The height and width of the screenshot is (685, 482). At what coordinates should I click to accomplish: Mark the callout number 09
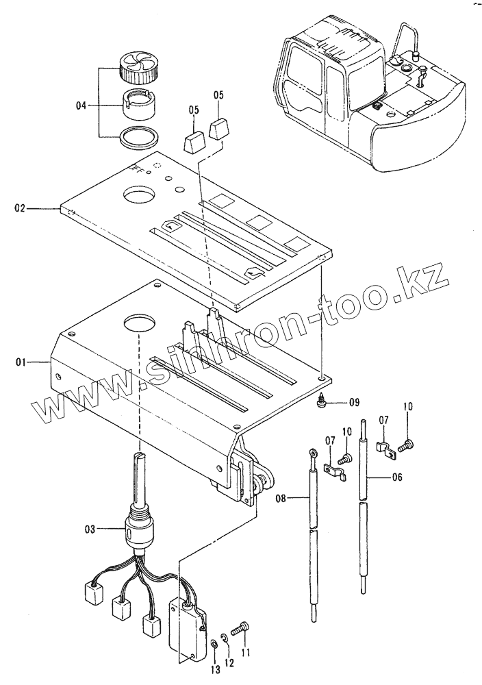pyautogui.click(x=353, y=402)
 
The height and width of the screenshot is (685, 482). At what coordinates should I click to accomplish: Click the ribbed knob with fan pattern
pyautogui.click(x=138, y=67)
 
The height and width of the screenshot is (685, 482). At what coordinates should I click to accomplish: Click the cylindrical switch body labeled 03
pyautogui.click(x=139, y=528)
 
